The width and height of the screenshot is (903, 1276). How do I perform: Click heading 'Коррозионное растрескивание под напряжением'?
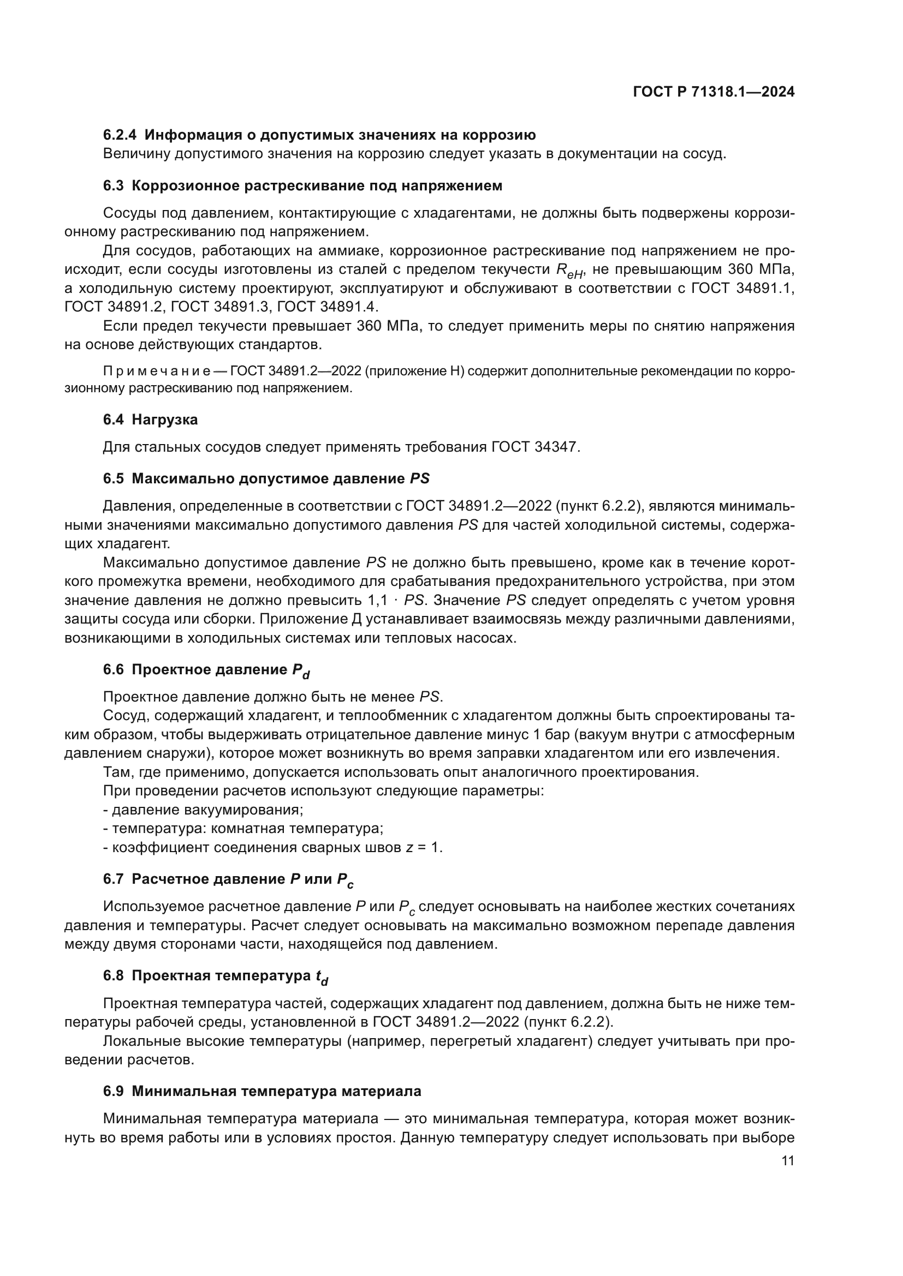(x=317, y=185)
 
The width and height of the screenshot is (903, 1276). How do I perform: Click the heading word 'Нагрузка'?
(x=164, y=420)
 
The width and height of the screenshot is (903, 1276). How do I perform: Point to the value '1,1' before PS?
(x=378, y=600)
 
